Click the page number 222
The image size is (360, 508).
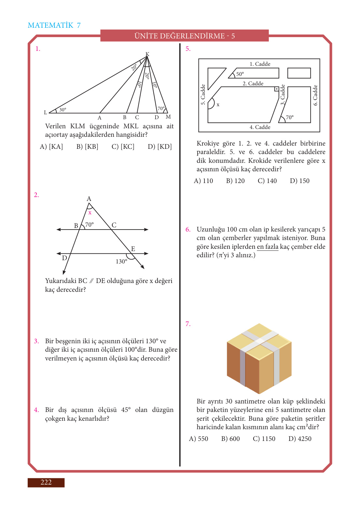tap(46, 482)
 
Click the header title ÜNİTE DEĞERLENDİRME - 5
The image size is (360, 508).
tap(185, 36)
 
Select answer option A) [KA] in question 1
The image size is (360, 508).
tap(51, 147)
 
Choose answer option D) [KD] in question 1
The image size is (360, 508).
tap(159, 147)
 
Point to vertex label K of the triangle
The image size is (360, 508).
tap(147, 54)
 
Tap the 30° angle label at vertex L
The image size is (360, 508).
tap(62, 110)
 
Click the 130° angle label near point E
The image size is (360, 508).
tap(121, 261)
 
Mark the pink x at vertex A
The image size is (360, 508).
tap(90, 213)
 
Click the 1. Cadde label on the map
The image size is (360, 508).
tap(260, 64)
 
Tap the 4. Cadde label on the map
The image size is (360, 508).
tap(260, 127)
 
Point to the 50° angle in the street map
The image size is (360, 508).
tap(240, 74)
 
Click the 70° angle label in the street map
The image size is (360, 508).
tap(289, 117)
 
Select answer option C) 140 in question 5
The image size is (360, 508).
tap(267, 181)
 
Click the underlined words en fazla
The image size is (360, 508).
tap(268, 247)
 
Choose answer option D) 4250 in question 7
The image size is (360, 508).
tap(300, 439)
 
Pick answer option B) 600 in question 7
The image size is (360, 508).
tap(230, 439)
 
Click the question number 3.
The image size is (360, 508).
tap(36, 341)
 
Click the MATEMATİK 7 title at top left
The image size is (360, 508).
tap(54, 25)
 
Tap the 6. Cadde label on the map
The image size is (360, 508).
tap(315, 95)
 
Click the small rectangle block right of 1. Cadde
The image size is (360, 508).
tap(299, 73)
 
